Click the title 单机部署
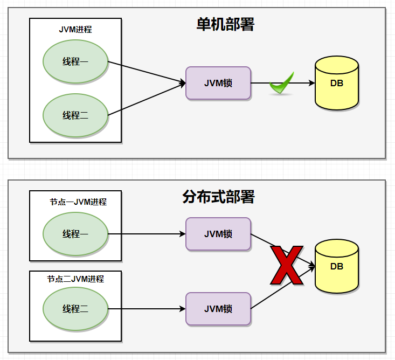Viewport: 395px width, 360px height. click(225, 24)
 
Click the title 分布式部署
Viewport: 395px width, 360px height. click(218, 197)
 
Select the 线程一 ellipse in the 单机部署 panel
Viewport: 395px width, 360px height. click(75, 61)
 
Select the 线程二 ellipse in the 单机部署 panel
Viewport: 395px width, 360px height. click(75, 115)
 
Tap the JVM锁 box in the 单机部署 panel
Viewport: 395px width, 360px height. click(218, 83)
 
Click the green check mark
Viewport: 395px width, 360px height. click(282, 84)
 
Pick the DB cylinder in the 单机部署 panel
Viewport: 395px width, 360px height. click(337, 83)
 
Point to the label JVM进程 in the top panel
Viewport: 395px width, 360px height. click(75, 30)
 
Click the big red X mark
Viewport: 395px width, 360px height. click(286, 265)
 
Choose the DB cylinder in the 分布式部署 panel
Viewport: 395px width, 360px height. click(337, 266)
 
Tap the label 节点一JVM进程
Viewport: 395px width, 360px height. click(78, 202)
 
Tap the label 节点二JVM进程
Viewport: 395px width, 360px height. click(75, 279)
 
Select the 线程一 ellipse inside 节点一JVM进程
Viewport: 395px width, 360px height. click(75, 234)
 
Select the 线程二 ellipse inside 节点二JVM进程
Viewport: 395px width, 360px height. click(75, 309)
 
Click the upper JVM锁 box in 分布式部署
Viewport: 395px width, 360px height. click(218, 234)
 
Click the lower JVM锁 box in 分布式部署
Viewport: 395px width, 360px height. click(218, 309)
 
